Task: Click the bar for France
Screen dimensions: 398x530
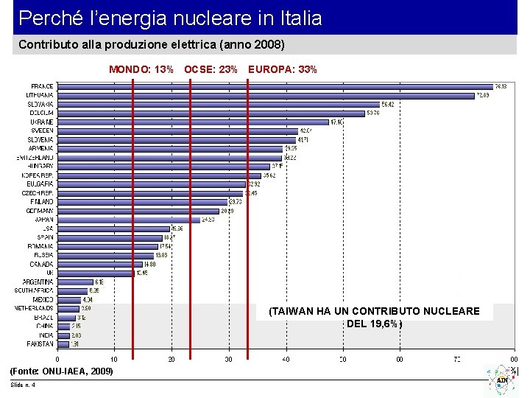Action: pyautogui.click(x=272, y=86)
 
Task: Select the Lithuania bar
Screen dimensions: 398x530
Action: pyautogui.click(x=265, y=95)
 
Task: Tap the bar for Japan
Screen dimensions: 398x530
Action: pyautogui.click(x=128, y=219)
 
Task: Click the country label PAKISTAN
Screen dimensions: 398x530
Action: pyautogui.click(x=40, y=343)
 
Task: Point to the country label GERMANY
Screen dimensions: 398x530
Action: pyautogui.click(x=40, y=211)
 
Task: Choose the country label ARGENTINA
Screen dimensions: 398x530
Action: pyautogui.click(x=38, y=282)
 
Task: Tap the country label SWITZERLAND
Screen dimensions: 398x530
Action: pyautogui.click(x=35, y=158)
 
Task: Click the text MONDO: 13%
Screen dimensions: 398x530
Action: pyautogui.click(x=141, y=70)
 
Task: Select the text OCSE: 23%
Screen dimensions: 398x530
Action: pyautogui.click(x=211, y=70)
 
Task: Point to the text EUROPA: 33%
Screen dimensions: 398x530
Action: pyautogui.click(x=283, y=70)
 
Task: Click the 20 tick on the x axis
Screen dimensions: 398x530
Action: pyautogui.click(x=172, y=360)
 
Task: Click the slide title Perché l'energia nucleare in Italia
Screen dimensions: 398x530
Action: pyautogui.click(x=170, y=18)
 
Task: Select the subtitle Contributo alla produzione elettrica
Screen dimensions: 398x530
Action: pyautogui.click(x=151, y=45)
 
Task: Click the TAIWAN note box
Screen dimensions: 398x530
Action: pyautogui.click(x=374, y=317)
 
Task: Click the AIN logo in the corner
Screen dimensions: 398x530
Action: pyautogui.click(x=502, y=379)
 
